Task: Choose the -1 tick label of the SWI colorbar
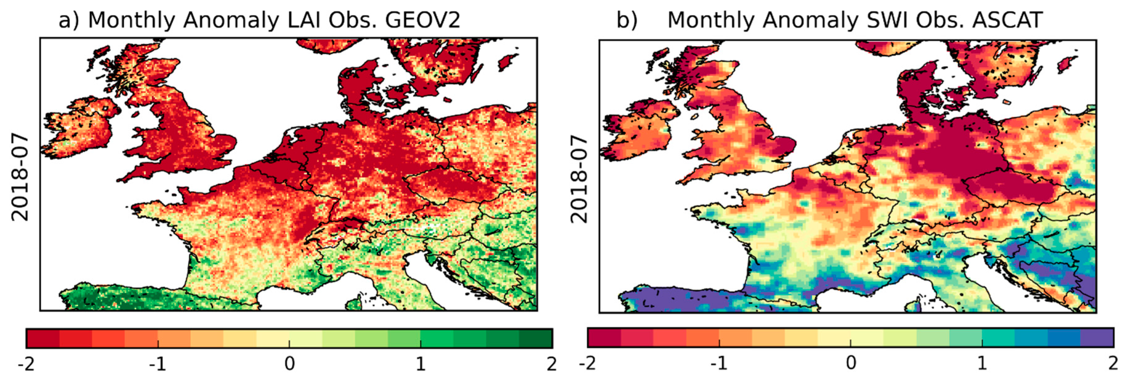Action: click(719, 363)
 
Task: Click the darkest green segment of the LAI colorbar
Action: click(536, 338)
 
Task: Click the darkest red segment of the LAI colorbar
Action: click(43, 338)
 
